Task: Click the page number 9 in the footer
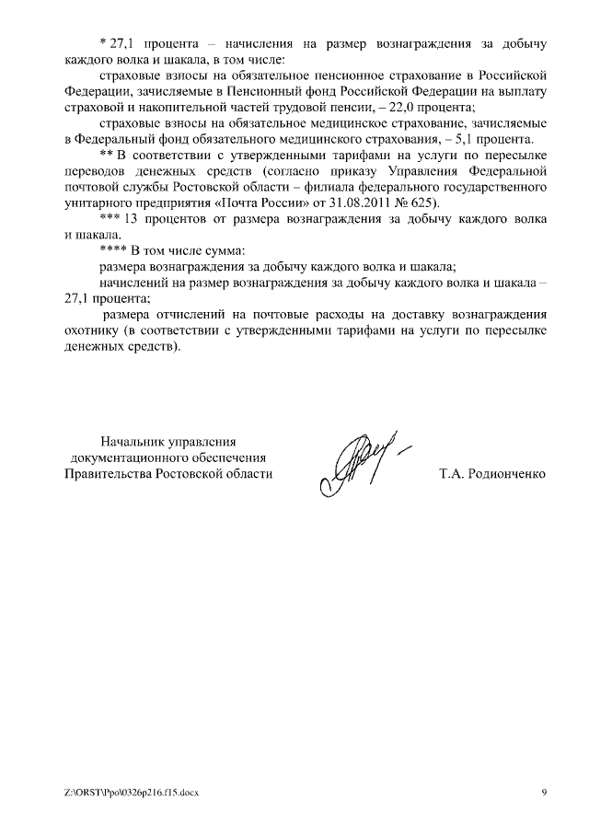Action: (x=544, y=793)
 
